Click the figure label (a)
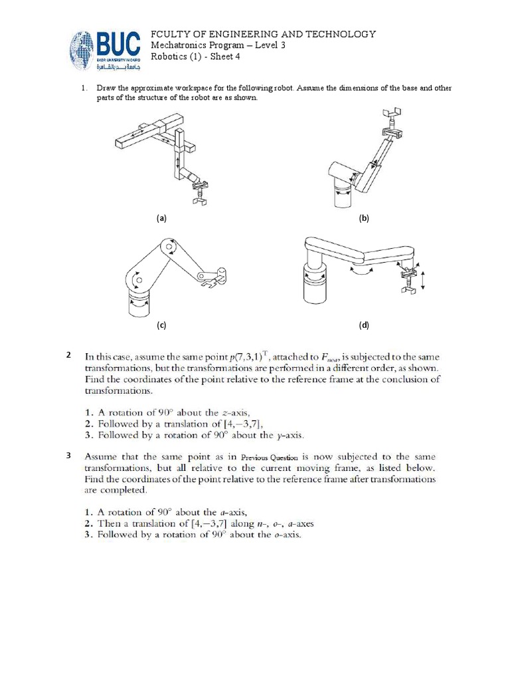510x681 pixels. click(x=161, y=217)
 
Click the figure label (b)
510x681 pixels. click(x=363, y=217)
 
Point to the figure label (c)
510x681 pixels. click(x=161, y=325)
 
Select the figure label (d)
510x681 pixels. click(x=363, y=325)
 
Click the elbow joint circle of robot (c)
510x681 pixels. click(x=172, y=249)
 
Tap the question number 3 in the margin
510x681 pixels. click(x=69, y=456)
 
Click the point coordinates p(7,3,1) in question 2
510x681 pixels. click(x=276, y=357)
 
